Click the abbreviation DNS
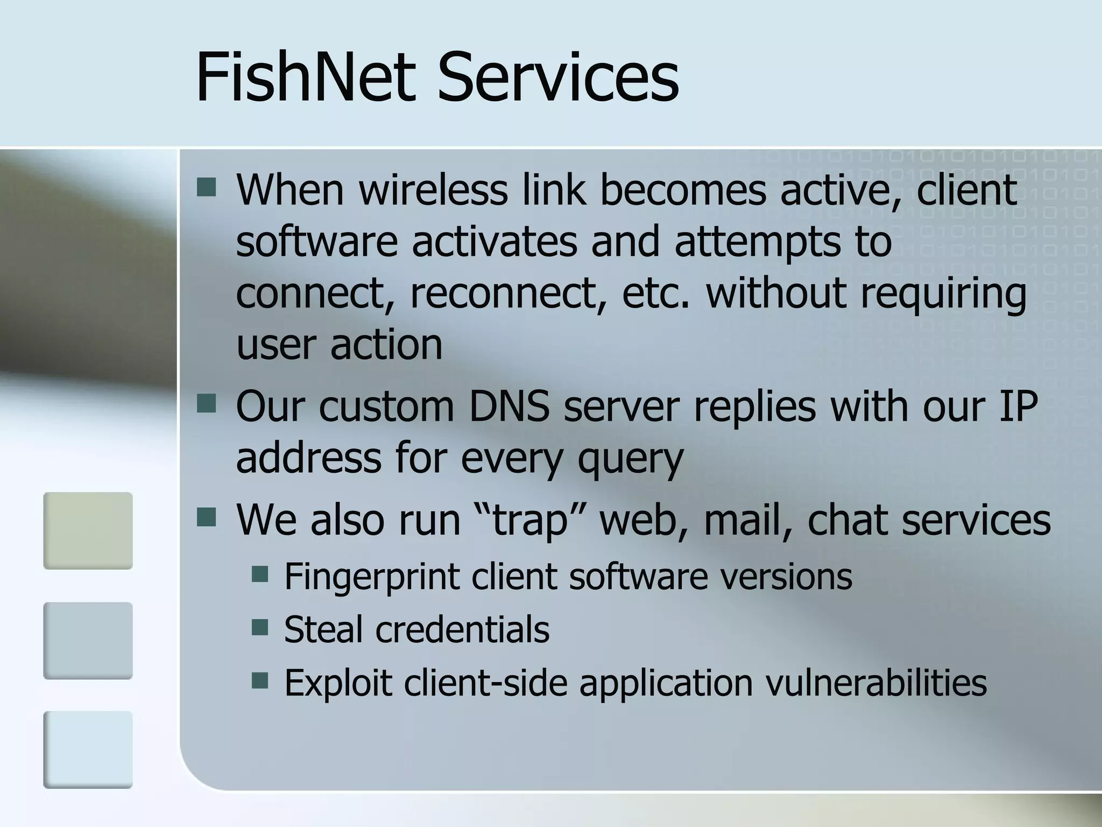[x=509, y=407]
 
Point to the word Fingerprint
[x=371, y=576]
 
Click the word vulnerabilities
[x=876, y=683]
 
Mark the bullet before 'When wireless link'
[x=206, y=188]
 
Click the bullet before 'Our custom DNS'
[x=206, y=403]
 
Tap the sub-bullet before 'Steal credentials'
[x=260, y=627]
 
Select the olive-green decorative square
[x=88, y=530]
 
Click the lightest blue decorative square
[x=88, y=749]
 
